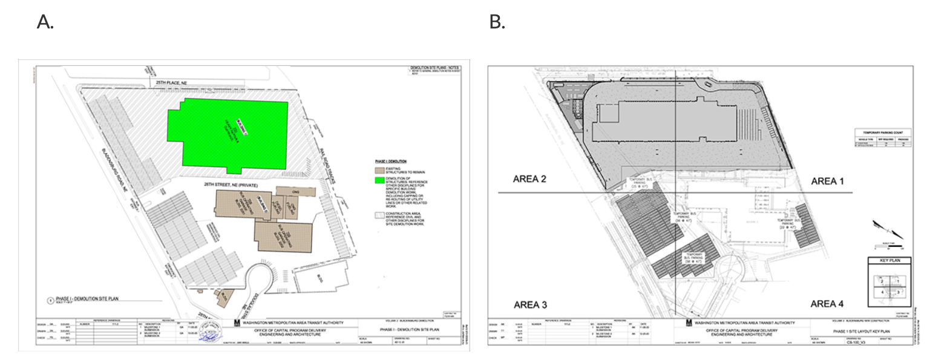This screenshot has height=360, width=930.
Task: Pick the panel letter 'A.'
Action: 45,22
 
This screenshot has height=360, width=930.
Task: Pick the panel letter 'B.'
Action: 497,22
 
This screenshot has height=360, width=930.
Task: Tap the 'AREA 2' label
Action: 530,179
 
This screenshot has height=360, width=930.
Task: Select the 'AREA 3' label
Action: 531,304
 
